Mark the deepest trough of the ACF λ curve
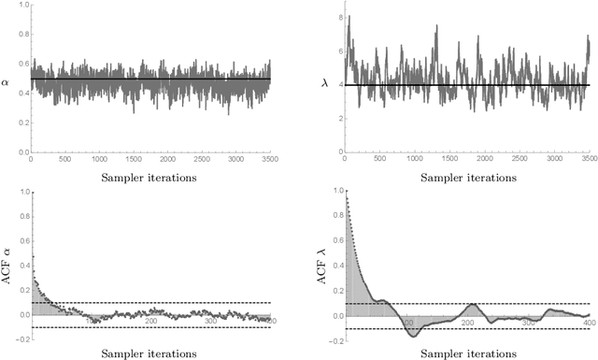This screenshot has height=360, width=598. pyautogui.click(x=411, y=334)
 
